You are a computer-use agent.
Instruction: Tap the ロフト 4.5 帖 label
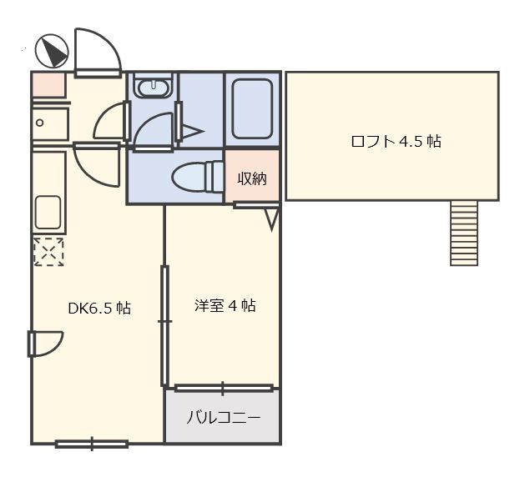pyautogui.click(x=396, y=141)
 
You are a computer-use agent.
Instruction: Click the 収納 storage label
pyautogui.click(x=252, y=178)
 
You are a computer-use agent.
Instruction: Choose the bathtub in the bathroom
pyautogui.click(x=251, y=109)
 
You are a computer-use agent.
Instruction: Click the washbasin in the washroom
pyautogui.click(x=153, y=88)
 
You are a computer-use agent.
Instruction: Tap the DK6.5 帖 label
pyautogui.click(x=98, y=308)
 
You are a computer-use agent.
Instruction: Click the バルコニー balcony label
pyautogui.click(x=223, y=417)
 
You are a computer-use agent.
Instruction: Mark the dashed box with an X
pyautogui.click(x=48, y=251)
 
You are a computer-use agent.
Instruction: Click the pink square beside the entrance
pyautogui.click(x=48, y=85)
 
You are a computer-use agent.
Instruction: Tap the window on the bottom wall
pyautogui.click(x=92, y=444)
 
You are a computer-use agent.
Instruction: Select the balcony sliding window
pyautogui.click(x=223, y=388)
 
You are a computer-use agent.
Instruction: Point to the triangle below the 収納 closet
pyautogui.click(x=272, y=218)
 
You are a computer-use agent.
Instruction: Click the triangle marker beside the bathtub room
pyautogui.click(x=192, y=130)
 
